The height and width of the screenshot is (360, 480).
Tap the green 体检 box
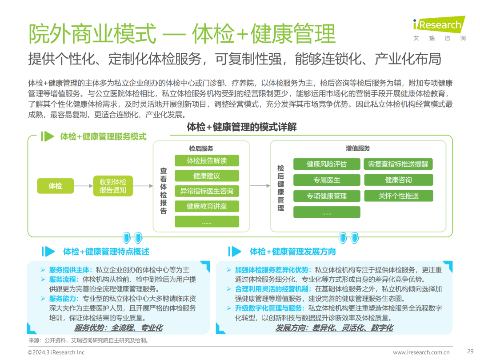point(56,186)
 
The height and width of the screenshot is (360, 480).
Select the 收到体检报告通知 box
point(113,186)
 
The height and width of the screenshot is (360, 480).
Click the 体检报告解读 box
point(207,161)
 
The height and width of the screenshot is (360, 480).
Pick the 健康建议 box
point(207,176)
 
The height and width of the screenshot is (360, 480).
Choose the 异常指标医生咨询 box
point(207,191)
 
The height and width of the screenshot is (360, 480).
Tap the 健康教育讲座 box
point(207,206)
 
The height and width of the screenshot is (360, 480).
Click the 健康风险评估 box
point(327,164)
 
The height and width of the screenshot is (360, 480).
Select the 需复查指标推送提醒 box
point(398,164)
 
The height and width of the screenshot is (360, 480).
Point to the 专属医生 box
point(327,180)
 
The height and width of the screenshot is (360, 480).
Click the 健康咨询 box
point(398,180)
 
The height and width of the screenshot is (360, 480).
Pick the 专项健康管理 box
point(327,196)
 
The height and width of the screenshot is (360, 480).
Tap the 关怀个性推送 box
point(398,196)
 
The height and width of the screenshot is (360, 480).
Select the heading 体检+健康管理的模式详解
point(242,128)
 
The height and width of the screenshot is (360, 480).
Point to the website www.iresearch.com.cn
point(421,352)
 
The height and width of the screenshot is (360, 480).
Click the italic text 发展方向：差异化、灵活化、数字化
point(334,328)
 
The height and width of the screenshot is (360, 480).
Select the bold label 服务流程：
point(65,280)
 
